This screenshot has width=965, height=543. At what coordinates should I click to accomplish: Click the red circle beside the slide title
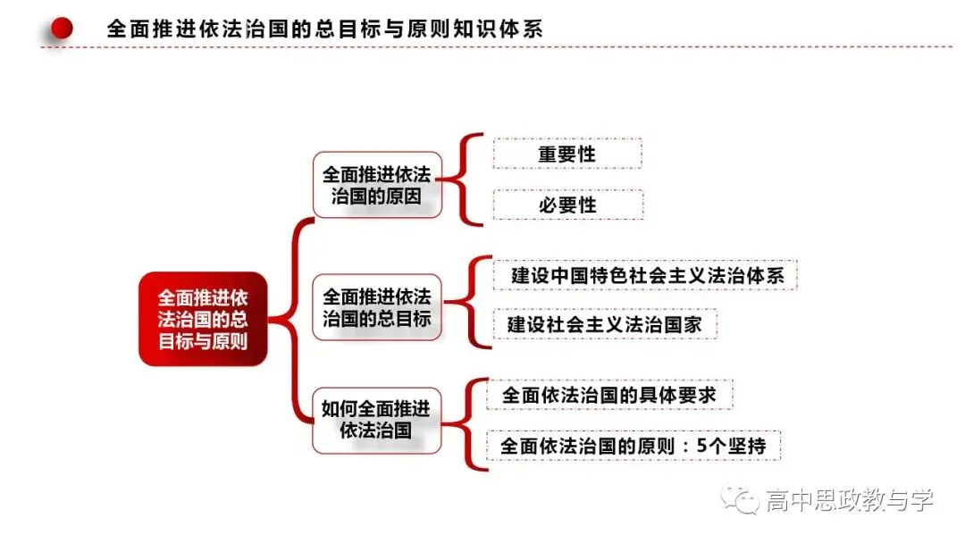click(62, 28)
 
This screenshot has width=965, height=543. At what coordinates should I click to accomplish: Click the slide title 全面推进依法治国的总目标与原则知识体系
click(325, 29)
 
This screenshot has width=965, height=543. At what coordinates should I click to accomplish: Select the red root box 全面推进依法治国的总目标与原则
click(203, 319)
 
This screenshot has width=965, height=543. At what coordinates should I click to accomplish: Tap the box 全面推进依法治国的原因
click(377, 185)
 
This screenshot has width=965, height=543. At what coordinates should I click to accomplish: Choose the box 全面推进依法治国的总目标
click(377, 307)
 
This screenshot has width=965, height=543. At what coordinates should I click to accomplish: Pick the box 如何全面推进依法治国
click(377, 421)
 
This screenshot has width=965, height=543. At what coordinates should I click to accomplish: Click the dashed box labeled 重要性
click(567, 154)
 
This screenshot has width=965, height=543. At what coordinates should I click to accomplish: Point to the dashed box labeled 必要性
click(568, 205)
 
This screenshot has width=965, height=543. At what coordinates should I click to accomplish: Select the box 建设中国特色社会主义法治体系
click(645, 275)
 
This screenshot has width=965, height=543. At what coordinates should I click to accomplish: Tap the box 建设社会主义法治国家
click(605, 324)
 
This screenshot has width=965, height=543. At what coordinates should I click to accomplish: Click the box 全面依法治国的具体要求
click(610, 395)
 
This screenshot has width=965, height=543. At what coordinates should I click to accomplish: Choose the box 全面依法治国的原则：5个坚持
click(634, 446)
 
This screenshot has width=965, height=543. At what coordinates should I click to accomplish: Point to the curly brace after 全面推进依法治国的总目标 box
click(469, 302)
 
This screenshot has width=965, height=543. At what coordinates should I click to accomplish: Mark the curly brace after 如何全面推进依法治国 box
click(466, 424)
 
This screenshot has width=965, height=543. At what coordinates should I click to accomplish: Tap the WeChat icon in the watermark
click(740, 498)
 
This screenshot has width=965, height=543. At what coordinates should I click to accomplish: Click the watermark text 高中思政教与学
click(850, 500)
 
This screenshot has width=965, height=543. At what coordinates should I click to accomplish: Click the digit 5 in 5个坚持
click(702, 446)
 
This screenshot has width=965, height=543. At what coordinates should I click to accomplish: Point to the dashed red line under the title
click(497, 46)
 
